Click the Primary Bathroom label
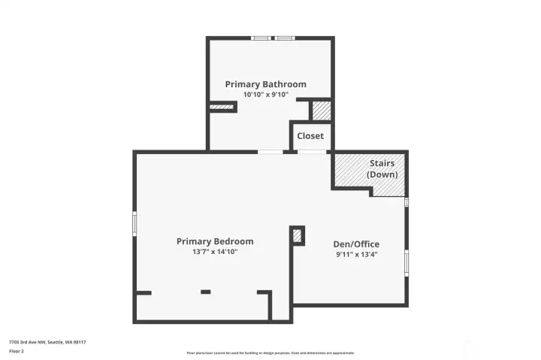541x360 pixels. (265, 84)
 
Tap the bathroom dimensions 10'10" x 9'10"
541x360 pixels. (265, 95)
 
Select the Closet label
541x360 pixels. (310, 136)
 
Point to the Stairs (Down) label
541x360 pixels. (382, 169)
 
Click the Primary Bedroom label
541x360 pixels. (215, 241)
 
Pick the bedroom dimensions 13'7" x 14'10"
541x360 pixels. (215, 252)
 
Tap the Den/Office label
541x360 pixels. (356, 244)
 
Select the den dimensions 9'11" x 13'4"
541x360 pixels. (356, 254)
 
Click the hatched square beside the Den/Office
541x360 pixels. (298, 236)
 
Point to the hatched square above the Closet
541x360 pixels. (322, 110)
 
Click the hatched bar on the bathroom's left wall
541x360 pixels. (222, 107)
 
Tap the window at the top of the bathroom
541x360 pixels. (273, 38)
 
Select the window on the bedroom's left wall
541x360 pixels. (135, 223)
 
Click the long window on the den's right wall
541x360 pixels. (407, 263)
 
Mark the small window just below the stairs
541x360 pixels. (407, 201)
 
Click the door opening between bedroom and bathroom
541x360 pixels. (270, 152)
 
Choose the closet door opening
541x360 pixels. (312, 152)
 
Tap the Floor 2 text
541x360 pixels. (17, 350)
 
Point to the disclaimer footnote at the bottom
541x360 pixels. (270, 352)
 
